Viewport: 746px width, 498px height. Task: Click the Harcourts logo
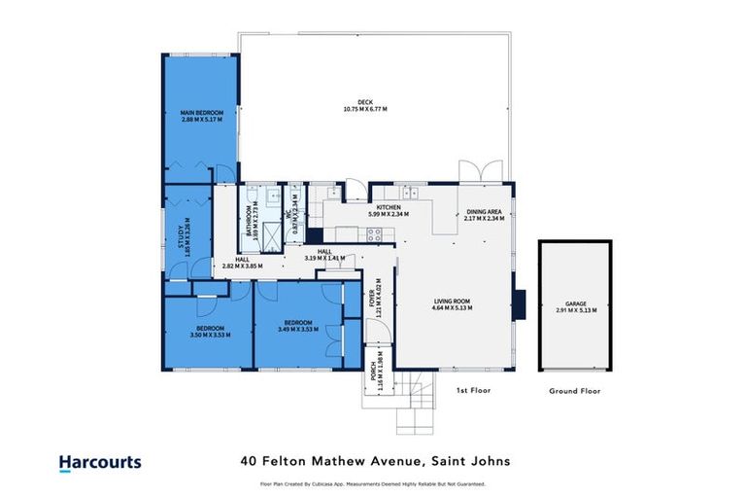click(99, 463)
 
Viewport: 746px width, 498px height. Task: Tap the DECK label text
click(364, 104)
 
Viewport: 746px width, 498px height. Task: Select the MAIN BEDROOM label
click(202, 118)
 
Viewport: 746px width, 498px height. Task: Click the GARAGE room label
click(575, 305)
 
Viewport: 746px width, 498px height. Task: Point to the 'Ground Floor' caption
click(575, 391)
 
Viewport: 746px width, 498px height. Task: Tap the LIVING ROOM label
click(452, 304)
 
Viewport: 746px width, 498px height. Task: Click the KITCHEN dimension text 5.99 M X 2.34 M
click(388, 214)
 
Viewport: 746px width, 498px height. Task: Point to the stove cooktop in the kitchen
click(373, 232)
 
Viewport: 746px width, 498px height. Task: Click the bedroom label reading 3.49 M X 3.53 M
click(298, 328)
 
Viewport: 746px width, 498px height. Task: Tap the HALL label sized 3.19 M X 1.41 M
click(322, 255)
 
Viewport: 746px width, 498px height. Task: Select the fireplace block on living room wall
click(521, 303)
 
